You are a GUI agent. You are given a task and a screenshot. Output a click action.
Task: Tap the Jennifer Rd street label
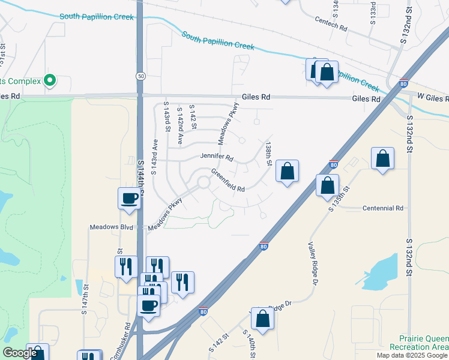coord(217,157)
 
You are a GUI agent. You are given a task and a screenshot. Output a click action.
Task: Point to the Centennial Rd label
coord(382,208)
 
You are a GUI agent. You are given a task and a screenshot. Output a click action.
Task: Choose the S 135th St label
coord(339,198)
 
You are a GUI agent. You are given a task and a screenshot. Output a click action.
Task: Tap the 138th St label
coord(269,154)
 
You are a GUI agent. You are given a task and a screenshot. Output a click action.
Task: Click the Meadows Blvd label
coord(111,227)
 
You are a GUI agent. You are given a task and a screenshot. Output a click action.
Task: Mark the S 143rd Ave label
coord(154,157)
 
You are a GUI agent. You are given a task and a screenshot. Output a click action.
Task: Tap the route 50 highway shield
coord(140,76)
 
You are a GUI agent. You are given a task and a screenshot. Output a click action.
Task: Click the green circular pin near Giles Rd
coord(50,80)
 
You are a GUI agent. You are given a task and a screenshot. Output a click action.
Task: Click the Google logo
coord(20,353)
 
